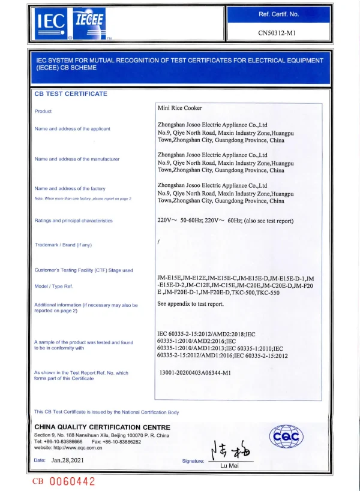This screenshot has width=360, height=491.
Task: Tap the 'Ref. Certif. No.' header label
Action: coord(278,14)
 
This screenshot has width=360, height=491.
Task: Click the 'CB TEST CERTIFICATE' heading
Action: coord(71,94)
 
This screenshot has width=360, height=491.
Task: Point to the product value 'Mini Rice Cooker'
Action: coord(179,108)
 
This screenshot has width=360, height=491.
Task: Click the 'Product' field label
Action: coord(43,111)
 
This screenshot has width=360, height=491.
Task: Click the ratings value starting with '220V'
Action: coord(225,221)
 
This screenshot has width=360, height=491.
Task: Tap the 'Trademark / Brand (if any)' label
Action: coord(64,245)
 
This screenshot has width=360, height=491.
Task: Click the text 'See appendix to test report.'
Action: coord(190,304)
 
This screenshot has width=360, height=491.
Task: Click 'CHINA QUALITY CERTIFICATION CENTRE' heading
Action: coord(102,426)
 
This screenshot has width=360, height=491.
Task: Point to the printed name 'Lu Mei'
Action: coord(230,465)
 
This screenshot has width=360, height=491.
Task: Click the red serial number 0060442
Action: coord(72,481)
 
